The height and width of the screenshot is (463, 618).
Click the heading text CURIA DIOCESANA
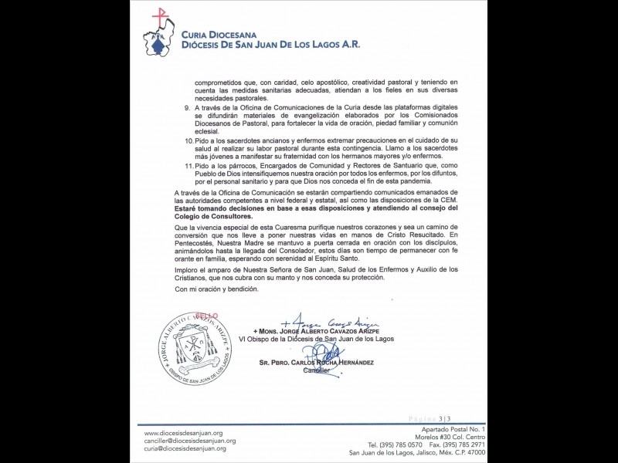tap(226, 34)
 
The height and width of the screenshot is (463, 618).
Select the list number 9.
tap(185, 110)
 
